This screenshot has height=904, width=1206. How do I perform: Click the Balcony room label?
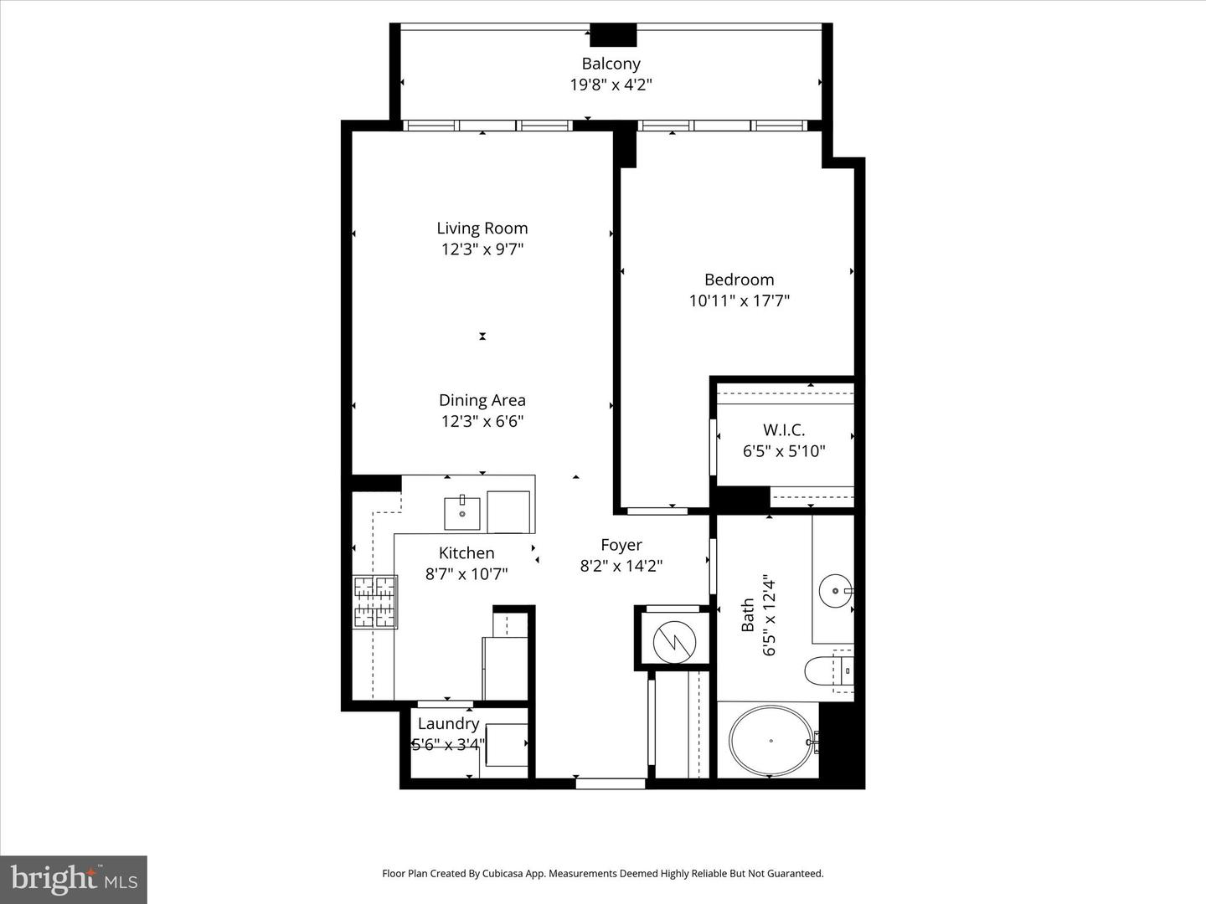611,64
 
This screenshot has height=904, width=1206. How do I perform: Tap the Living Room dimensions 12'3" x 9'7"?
482,249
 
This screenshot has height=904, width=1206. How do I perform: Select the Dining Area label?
482,400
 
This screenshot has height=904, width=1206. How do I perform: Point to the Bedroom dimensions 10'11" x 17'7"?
739,300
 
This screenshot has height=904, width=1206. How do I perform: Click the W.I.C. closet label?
784,430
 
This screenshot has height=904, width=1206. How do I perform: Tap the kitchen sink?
461,512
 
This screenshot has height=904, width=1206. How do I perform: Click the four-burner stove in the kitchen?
374,602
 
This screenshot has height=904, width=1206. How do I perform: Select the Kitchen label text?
466,553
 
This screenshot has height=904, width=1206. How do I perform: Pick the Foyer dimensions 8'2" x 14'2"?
621,567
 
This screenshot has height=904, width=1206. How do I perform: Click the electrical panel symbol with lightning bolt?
674,641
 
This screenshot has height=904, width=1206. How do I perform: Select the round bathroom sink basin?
834,591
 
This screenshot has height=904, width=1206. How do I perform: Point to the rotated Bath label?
748,615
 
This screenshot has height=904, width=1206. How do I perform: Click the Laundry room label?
448,724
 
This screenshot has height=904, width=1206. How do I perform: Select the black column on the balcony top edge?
613,36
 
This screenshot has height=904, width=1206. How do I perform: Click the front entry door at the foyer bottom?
611,783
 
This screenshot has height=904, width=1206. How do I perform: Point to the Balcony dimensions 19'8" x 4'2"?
611,85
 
